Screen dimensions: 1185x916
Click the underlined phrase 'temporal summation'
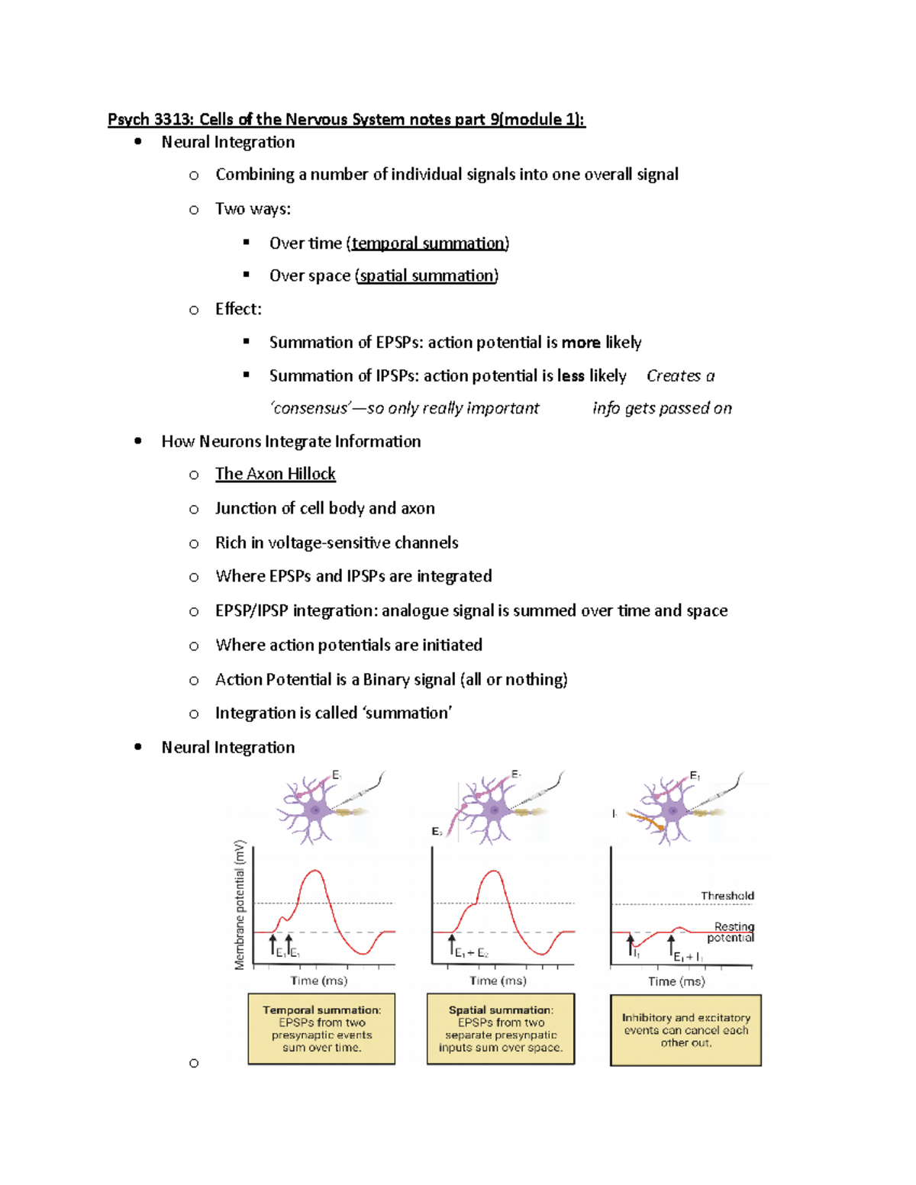coord(427,243)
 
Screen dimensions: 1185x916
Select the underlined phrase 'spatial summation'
coord(427,275)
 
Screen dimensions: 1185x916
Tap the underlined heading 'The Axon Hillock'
coord(275,474)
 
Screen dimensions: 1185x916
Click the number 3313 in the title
coord(174,119)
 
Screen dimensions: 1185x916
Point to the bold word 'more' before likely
coord(580,343)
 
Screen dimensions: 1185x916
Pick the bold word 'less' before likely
coord(570,376)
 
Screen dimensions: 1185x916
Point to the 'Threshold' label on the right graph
coord(727,896)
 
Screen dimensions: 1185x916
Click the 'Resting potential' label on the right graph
coord(732,932)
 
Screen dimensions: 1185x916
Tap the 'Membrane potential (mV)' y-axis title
coord(240,904)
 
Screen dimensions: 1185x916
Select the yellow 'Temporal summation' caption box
coord(321,1029)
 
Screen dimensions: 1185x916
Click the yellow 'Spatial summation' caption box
coord(500,1029)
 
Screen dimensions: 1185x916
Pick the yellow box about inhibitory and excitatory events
coord(685,1030)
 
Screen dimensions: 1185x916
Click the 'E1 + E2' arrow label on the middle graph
coord(471,952)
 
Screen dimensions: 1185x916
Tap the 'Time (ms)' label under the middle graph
coord(498,981)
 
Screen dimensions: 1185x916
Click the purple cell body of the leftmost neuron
coord(315,810)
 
